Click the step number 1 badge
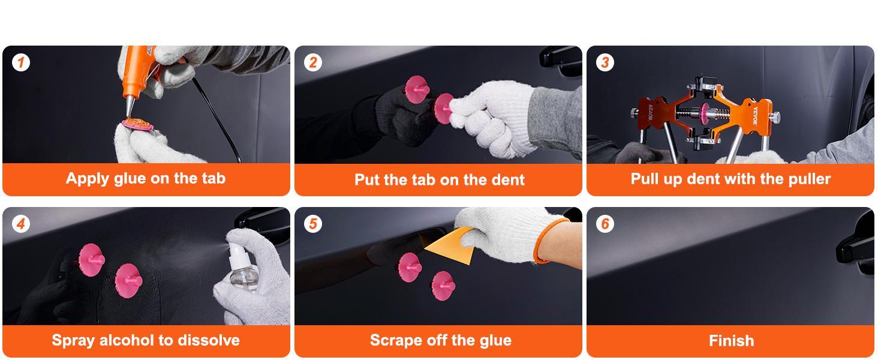tap(21, 62)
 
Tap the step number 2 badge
tap(312, 62)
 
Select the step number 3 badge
tap(605, 62)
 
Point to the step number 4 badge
tap(21, 224)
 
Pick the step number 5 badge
tap(312, 224)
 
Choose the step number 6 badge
tap(605, 224)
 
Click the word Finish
tap(731, 341)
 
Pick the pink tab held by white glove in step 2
tap(444, 108)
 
